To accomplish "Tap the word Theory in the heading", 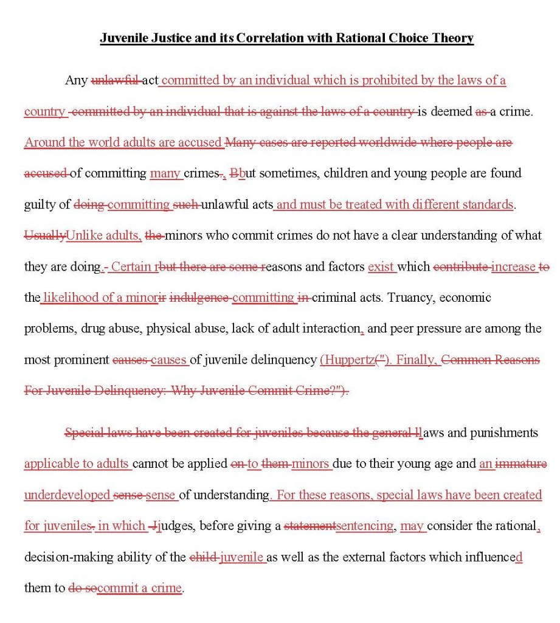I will pyautogui.click(x=451, y=38).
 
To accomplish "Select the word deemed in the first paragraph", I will pyautogui.click(x=451, y=111).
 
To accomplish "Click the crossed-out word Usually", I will pyautogui.click(x=44, y=235).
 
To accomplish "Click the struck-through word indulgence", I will pyautogui.click(x=199, y=298).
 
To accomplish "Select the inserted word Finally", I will pyautogui.click(x=417, y=360).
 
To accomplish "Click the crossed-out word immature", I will pyautogui.click(x=521, y=464).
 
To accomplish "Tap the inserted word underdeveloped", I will pyautogui.click(x=67, y=495).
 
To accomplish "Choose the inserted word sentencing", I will pyautogui.click(x=364, y=526).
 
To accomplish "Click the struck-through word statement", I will pyautogui.click(x=309, y=526).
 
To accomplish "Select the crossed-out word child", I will pyautogui.click(x=203, y=557).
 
